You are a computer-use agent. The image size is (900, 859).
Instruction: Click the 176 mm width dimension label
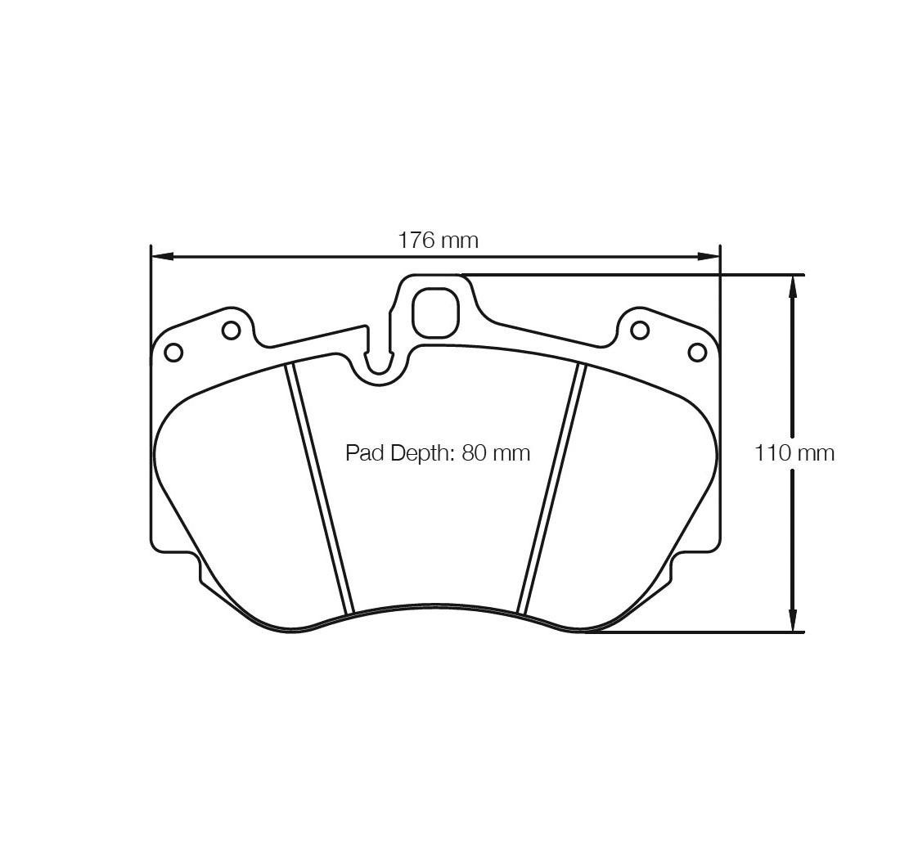(x=439, y=240)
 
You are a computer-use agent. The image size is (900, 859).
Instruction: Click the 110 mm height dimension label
(x=794, y=453)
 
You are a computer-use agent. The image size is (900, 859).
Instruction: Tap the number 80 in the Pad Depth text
(x=474, y=453)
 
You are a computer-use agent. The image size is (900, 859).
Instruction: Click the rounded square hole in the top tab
(x=437, y=313)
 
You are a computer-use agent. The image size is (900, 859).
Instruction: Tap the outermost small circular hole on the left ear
(x=173, y=352)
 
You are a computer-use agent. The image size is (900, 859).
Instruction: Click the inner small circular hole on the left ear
(x=232, y=331)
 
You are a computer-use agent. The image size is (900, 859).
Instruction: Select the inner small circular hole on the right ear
(x=640, y=331)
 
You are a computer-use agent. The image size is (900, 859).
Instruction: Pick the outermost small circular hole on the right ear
(x=697, y=352)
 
